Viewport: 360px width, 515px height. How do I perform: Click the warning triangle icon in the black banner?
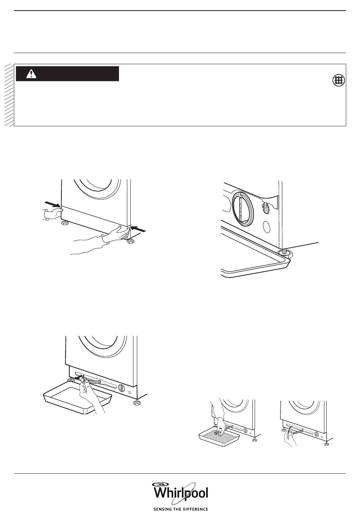(x=31, y=74)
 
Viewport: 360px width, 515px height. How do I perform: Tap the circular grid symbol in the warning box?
(x=339, y=80)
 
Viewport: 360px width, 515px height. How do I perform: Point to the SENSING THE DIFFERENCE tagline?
(x=181, y=509)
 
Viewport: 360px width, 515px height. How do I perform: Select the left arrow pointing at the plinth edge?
(x=52, y=204)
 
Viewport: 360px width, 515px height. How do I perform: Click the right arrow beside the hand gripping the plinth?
(x=138, y=229)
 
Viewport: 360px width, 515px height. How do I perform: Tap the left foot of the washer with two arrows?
(x=64, y=223)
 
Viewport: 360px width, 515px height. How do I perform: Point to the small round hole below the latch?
(x=266, y=227)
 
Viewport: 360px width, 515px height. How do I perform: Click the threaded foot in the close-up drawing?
(x=285, y=253)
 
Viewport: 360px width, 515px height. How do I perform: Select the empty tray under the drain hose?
(x=78, y=401)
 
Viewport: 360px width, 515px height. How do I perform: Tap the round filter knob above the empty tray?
(x=121, y=388)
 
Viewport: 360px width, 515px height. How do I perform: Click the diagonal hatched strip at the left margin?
(x=9, y=95)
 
